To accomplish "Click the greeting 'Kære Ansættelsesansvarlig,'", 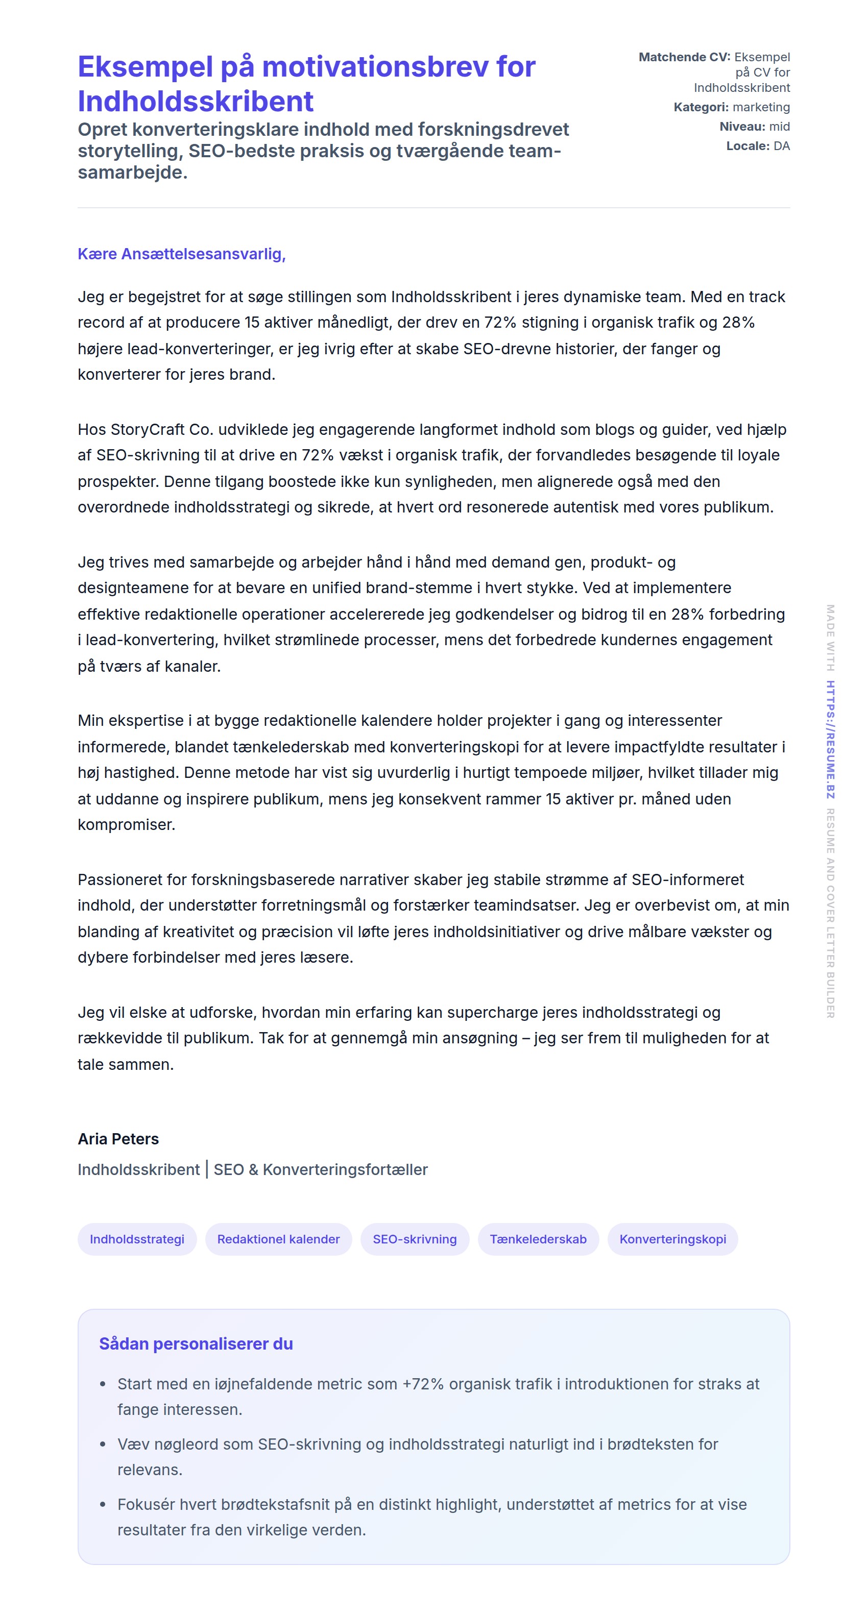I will (181, 254).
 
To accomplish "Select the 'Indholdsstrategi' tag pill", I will (137, 1239).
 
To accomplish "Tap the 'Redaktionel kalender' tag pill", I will (278, 1239).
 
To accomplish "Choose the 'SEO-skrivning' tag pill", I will (414, 1239).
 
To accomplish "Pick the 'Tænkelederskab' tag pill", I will (538, 1239).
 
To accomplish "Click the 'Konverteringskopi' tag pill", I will (672, 1239).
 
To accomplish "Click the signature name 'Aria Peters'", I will (118, 1138).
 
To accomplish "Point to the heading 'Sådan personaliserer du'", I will (196, 1343).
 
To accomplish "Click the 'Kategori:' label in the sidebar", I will (701, 107).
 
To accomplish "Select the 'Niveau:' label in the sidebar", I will (742, 127).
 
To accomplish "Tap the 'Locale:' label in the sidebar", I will (748, 146).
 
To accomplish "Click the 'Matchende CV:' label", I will (684, 57).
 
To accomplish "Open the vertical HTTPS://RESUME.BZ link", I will (830, 739).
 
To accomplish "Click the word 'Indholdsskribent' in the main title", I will (196, 101).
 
